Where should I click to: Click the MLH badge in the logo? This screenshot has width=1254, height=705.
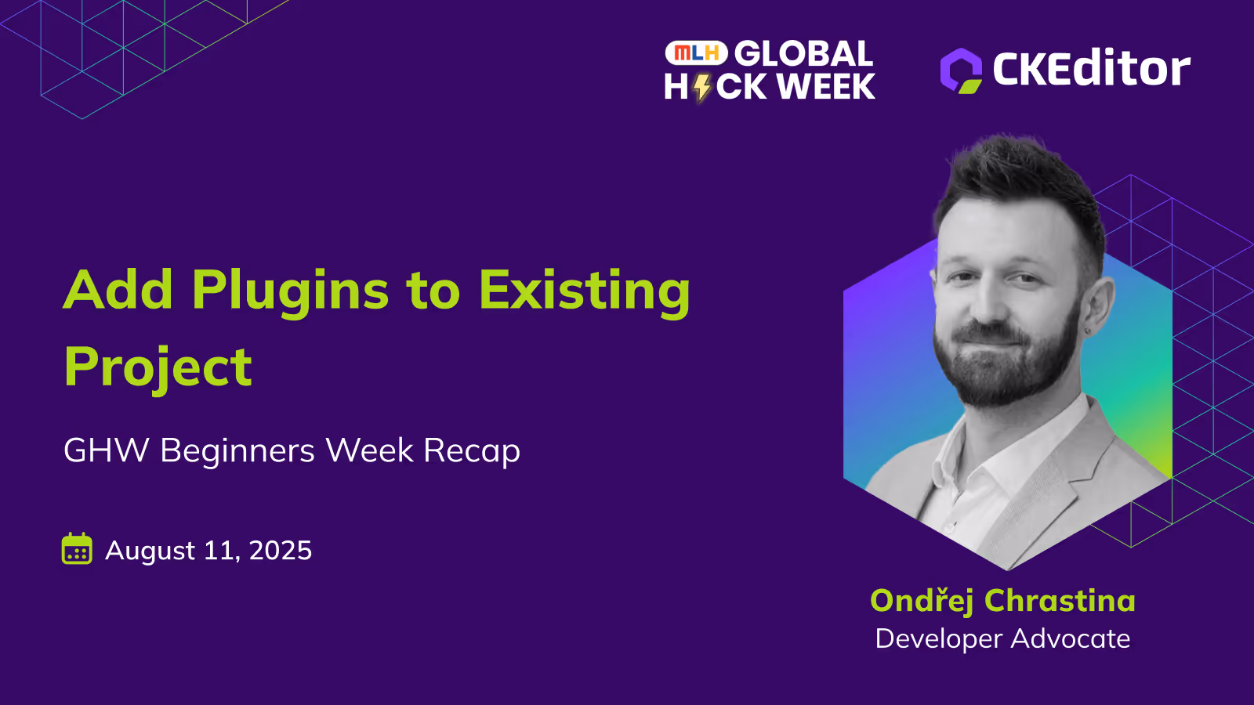(696, 53)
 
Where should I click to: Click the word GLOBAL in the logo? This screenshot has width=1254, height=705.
(803, 54)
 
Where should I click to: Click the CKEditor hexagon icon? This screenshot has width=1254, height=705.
(961, 70)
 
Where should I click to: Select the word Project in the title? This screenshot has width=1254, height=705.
(158, 369)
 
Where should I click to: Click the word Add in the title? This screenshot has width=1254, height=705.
(118, 289)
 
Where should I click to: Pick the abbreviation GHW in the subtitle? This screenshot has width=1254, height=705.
(107, 450)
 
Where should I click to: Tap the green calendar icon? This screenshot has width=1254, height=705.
(77, 548)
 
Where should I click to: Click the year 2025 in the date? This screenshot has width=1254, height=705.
(280, 550)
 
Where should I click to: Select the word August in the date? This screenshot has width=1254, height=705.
(150, 551)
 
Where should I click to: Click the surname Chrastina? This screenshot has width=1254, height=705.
(1060, 600)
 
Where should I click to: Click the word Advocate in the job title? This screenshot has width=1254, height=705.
(1071, 638)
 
